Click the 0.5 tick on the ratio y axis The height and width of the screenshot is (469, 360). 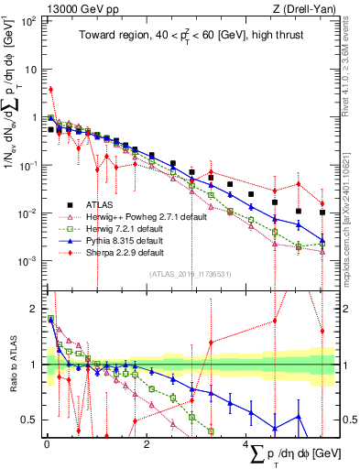32,420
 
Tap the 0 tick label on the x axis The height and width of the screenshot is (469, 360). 47,443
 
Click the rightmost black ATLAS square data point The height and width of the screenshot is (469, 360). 322,213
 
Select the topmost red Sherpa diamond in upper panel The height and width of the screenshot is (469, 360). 51,90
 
